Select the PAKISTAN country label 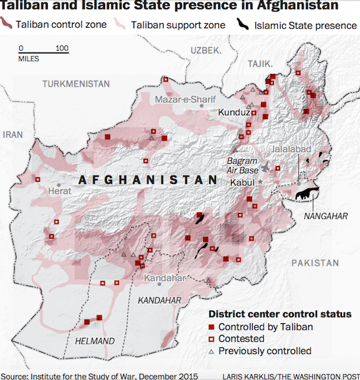pos(315,263)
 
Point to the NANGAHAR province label pos(326,216)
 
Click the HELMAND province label pos(94,341)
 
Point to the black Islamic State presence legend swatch pos(242,25)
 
